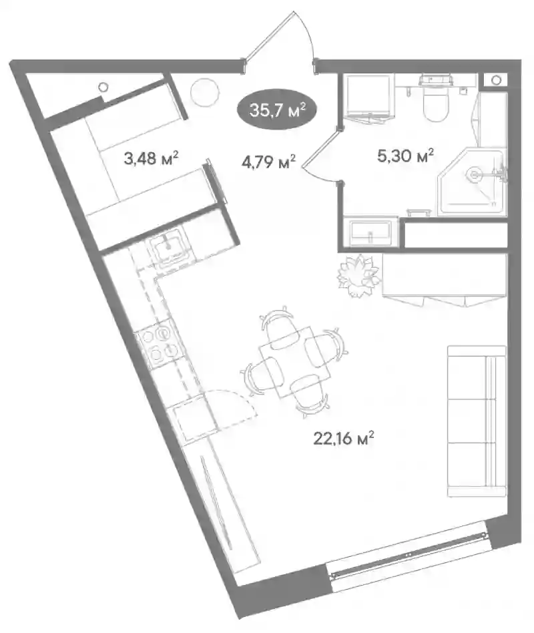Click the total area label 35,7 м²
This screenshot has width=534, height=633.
277,110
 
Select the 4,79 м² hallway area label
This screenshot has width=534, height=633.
268,162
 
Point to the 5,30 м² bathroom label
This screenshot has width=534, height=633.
405,155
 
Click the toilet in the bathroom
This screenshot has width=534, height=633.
435,97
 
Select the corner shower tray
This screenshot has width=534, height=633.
472,182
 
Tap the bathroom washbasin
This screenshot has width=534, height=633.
370,232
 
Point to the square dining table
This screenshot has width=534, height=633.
295,362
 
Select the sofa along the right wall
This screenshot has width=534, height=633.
477,421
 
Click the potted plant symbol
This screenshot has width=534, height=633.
358,276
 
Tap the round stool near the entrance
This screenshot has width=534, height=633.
205,92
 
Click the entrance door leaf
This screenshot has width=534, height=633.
268,36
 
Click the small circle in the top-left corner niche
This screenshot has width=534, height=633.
103,86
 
